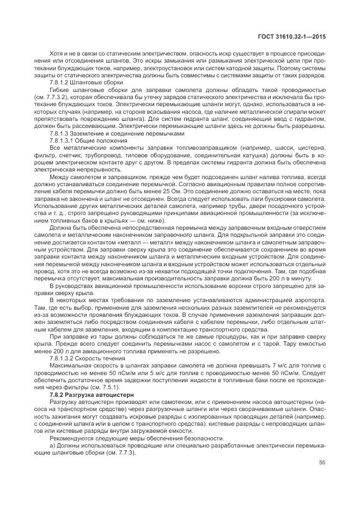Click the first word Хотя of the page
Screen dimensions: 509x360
[x=56, y=54]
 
